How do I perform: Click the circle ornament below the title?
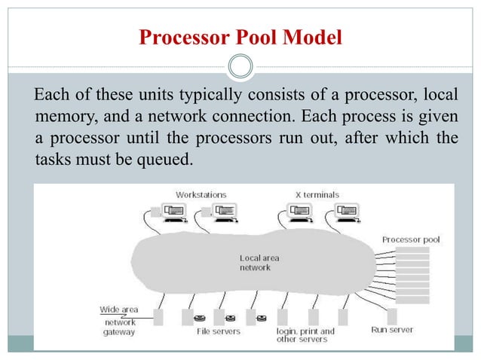tap(240, 67)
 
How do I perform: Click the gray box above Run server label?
tap(391, 316)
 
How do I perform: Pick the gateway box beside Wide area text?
tap(158, 316)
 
